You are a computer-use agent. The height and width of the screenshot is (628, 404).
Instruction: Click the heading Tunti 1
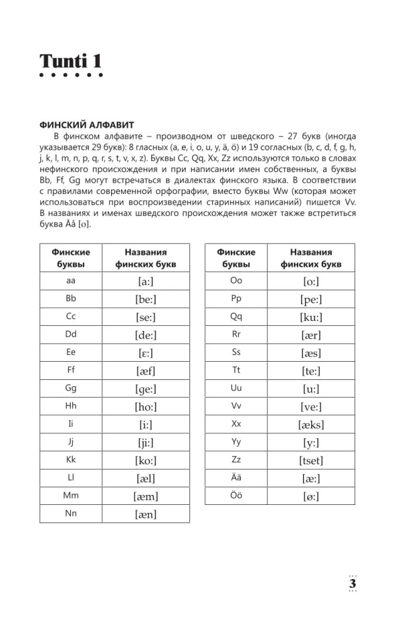(70, 62)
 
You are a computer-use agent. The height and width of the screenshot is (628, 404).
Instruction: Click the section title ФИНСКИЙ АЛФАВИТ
(87, 126)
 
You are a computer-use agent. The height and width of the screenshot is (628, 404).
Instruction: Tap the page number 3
(353, 583)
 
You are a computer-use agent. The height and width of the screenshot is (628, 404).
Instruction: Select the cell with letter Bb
(71, 299)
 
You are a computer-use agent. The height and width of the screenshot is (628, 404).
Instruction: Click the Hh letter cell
(71, 406)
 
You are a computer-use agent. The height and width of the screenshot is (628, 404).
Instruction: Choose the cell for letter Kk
(71, 460)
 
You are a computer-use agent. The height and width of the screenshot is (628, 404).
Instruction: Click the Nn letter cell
(71, 514)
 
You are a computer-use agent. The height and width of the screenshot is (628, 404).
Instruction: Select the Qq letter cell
(237, 317)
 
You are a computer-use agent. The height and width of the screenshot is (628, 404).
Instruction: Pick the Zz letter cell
(237, 460)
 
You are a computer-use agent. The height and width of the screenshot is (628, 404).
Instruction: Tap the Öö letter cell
(237, 495)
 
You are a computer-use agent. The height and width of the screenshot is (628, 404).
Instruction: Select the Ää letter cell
(237, 478)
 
